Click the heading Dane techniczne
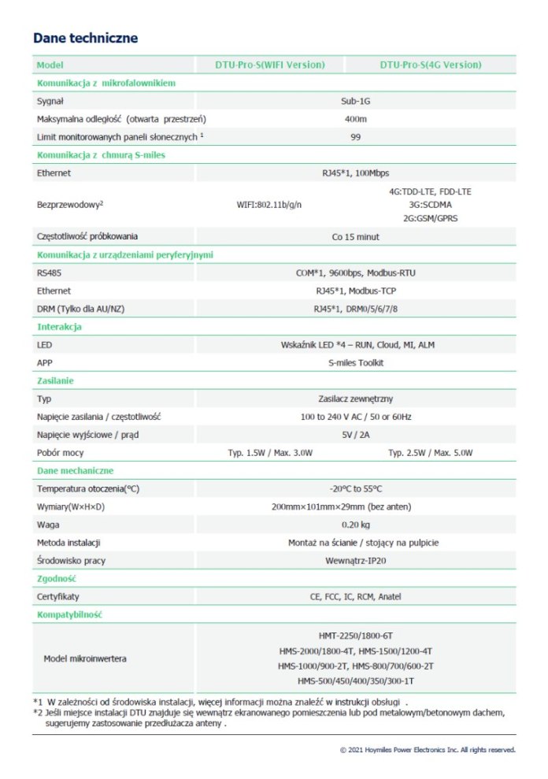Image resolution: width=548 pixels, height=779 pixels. [x=86, y=38]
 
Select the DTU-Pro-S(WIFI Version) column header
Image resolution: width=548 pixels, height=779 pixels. [x=270, y=65]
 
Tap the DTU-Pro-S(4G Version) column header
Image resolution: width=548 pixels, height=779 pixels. [x=431, y=65]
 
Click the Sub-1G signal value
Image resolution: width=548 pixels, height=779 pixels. [x=356, y=101]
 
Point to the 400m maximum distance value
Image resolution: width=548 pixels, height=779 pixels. [x=356, y=119]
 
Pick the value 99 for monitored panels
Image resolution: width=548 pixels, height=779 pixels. [x=356, y=137]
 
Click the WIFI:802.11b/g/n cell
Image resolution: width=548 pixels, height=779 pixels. [x=269, y=205]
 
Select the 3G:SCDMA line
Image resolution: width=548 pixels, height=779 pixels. [x=430, y=204]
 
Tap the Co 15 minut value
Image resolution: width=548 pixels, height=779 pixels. [x=356, y=236]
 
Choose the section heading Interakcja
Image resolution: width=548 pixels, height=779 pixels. [x=59, y=327]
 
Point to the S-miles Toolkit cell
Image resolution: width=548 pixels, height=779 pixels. [x=356, y=363]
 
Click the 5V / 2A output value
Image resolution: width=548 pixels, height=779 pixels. [x=356, y=435]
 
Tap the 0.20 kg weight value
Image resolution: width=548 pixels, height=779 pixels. [x=356, y=525]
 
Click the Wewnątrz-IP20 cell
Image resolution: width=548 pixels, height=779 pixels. [x=356, y=561]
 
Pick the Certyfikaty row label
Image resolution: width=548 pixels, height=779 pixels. [x=58, y=597]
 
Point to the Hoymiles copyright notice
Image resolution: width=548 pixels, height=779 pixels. [x=427, y=750]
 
